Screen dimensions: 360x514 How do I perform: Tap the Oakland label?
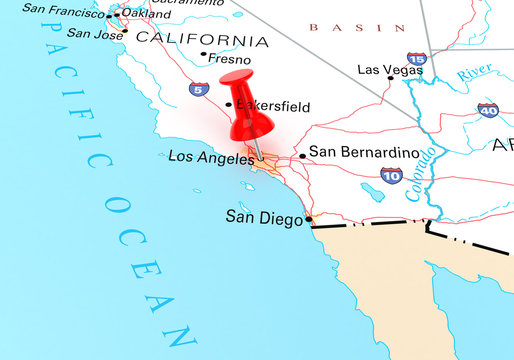(146, 13)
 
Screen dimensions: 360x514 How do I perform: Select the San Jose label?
(95, 32)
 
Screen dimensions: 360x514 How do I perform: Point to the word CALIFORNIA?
(203, 40)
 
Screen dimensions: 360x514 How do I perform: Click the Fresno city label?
(231, 59)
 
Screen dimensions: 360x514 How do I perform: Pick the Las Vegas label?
(383, 70)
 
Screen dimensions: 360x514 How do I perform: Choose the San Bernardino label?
(362, 152)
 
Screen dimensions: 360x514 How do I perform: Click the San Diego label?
(263, 215)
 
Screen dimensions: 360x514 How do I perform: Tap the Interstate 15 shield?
(417, 61)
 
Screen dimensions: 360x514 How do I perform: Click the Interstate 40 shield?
(487, 110)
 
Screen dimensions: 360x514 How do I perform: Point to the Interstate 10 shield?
(391, 176)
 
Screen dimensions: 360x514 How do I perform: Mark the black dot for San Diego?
(309, 218)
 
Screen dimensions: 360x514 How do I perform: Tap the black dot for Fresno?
(204, 54)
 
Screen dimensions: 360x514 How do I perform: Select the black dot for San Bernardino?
(303, 156)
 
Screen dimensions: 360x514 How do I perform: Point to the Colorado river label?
(421, 173)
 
